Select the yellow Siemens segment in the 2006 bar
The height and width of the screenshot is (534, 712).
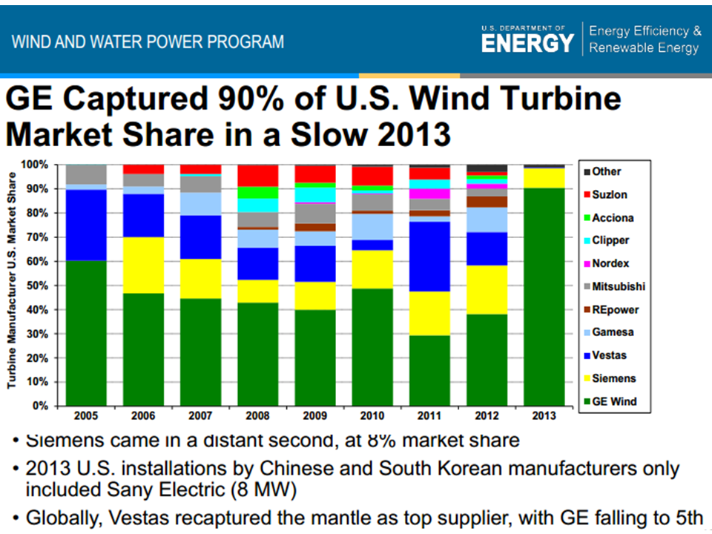[144, 265]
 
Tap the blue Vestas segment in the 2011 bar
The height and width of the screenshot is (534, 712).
[429, 256]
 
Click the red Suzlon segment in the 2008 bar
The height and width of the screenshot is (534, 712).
[257, 176]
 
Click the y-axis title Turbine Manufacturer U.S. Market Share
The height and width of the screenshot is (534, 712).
[12, 280]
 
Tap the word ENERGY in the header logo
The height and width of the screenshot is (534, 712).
[527, 44]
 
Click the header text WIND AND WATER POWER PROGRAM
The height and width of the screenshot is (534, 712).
[148, 41]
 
